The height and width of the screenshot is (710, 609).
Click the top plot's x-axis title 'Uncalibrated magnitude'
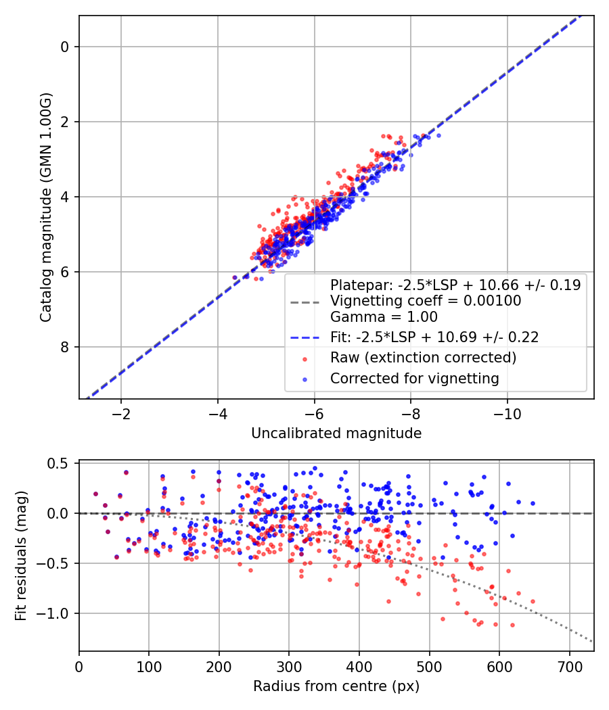coord(336,433)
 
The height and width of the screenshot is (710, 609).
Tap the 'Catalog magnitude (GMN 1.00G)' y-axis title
coord(45,208)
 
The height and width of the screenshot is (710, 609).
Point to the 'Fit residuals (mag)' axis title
coord(21,556)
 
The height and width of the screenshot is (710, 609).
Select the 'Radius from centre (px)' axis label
coord(336,686)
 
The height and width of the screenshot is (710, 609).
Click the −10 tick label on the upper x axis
coord(507,414)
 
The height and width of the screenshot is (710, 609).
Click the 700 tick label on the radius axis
coord(569,667)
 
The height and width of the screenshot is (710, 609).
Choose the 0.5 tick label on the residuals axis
coord(58,464)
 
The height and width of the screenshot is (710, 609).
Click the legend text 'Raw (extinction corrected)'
coord(423,358)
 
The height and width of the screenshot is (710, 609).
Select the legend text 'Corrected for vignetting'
coord(415,378)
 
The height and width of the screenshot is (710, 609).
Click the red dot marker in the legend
coord(305,359)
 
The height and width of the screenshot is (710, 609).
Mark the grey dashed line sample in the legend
coord(305,302)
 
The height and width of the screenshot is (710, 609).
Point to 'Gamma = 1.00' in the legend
coord(384,317)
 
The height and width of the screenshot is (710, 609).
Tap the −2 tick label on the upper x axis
coord(121,414)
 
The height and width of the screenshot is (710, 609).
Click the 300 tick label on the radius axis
coord(289,667)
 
